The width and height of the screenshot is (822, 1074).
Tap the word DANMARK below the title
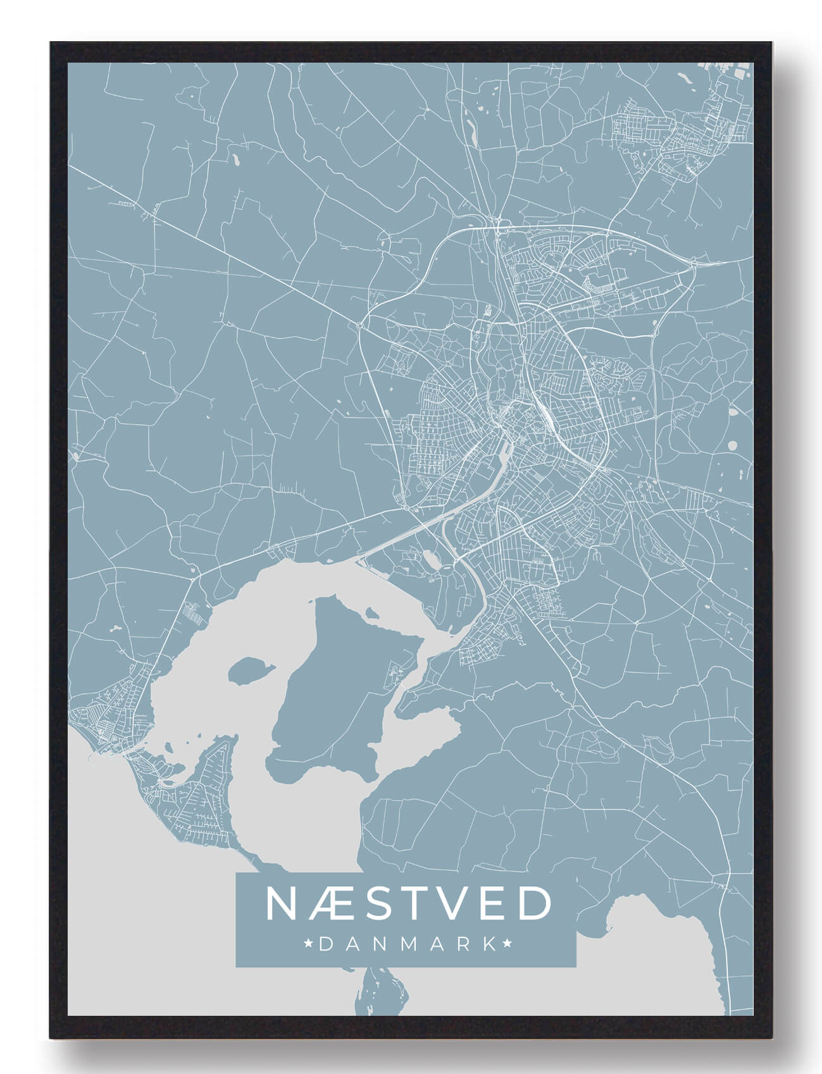(408, 944)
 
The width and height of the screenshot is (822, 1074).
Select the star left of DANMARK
(309, 944)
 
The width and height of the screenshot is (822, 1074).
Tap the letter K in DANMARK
(488, 944)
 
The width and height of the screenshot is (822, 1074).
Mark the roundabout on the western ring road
(359, 325)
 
